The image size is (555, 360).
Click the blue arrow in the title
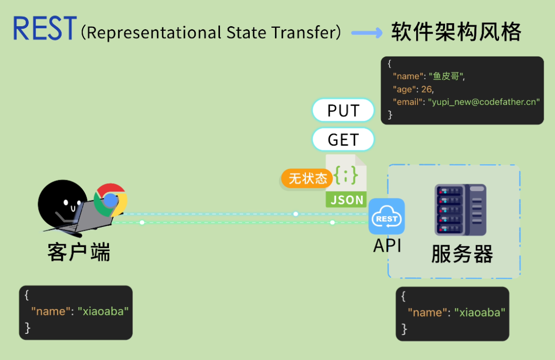(x=366, y=33)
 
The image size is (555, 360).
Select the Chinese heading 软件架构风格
(x=456, y=32)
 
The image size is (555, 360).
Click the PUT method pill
(x=343, y=110)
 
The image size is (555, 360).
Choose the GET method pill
(x=343, y=139)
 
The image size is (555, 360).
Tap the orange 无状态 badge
(x=307, y=179)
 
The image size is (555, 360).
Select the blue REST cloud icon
(x=386, y=217)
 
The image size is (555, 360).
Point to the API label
(x=387, y=245)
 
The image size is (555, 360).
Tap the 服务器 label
(x=462, y=254)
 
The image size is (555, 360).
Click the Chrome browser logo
(x=110, y=200)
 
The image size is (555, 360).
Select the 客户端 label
(x=79, y=252)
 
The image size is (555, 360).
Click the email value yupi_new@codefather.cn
(x=484, y=102)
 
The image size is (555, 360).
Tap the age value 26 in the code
(x=427, y=89)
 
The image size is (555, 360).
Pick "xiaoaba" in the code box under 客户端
(x=103, y=311)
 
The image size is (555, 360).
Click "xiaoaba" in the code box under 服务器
(x=480, y=312)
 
